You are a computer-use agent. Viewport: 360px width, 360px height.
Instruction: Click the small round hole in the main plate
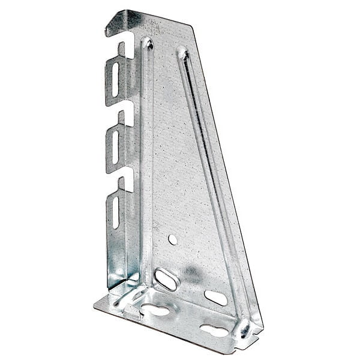pos(173,239)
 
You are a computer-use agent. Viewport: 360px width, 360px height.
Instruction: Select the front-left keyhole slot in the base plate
pos(155,310)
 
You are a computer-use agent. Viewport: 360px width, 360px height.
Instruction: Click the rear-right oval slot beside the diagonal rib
pos(215,297)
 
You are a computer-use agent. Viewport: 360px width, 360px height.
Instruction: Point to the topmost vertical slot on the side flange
pos(115,79)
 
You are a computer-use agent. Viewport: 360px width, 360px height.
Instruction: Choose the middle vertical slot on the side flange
pos(115,146)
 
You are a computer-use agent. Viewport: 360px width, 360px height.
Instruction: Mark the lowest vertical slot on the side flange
pos(115,212)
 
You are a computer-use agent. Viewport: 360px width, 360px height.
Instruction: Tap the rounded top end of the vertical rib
pos(146,43)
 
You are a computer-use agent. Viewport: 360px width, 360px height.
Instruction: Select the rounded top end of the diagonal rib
pos(182,53)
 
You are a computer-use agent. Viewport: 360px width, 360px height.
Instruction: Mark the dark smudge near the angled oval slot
pos(191,273)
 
